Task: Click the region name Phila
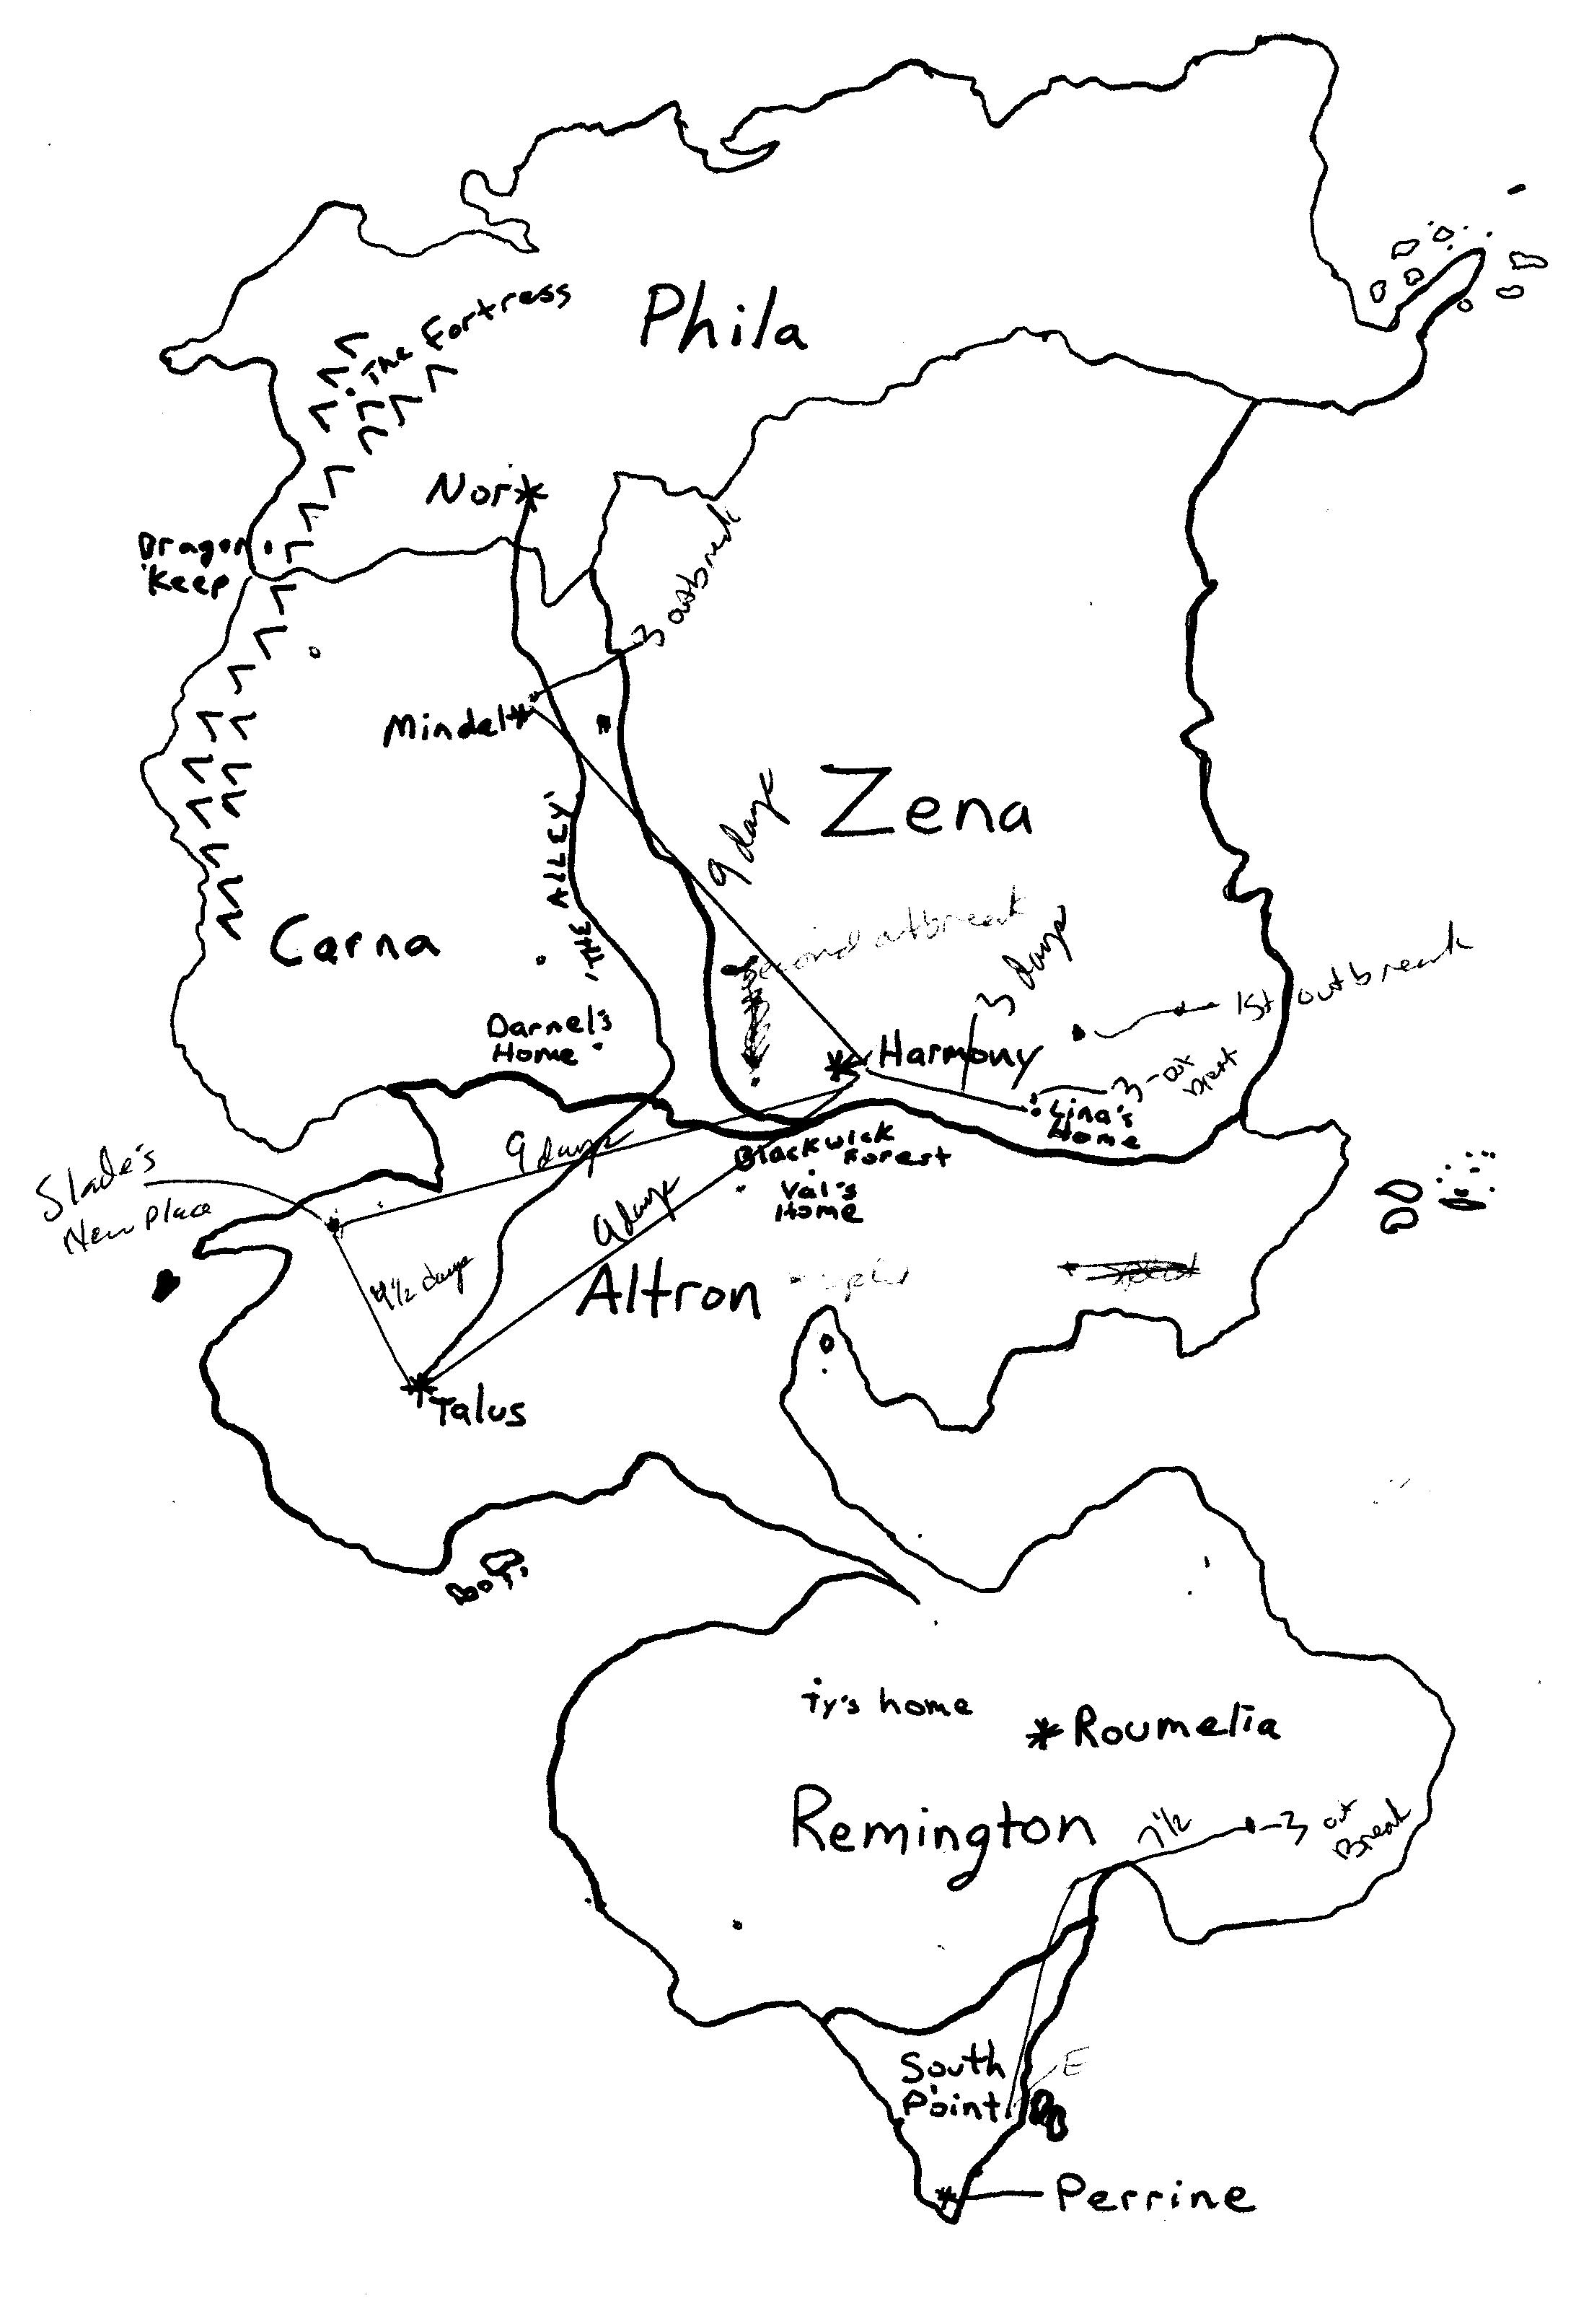point(723,320)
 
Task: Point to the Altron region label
point(668,1293)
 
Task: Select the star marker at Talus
point(418,1384)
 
